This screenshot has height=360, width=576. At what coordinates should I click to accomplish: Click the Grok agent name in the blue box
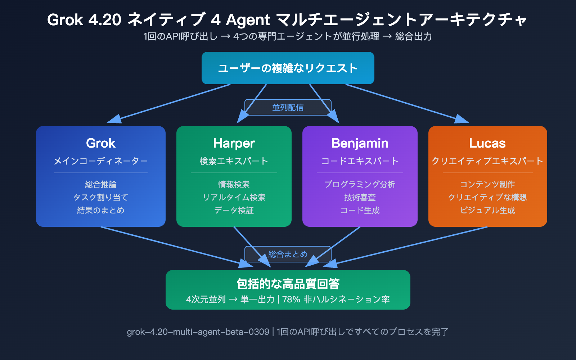(101, 143)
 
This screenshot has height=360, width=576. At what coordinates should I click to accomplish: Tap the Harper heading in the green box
(234, 143)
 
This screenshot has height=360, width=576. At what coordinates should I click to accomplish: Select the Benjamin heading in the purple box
(360, 143)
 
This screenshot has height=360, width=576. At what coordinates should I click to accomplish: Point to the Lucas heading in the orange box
(487, 143)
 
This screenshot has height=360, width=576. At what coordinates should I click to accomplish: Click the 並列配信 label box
(288, 107)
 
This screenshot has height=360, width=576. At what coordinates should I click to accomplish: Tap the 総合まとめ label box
(288, 254)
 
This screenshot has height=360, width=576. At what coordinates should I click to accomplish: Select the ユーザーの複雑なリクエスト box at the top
(288, 68)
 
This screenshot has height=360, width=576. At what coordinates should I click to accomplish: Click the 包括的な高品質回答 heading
(288, 284)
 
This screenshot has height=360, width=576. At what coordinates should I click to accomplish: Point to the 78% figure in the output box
(291, 300)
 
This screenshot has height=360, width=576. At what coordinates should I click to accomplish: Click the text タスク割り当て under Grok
(101, 197)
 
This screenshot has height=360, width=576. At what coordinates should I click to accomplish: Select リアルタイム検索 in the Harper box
(234, 197)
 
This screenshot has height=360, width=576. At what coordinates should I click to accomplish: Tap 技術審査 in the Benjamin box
(360, 197)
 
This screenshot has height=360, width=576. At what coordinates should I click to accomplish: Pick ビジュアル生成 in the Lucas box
(487, 210)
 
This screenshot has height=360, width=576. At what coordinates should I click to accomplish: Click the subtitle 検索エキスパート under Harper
(234, 161)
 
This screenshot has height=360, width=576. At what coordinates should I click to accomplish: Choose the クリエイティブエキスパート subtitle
(487, 161)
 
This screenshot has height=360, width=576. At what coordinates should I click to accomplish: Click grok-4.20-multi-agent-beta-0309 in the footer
(198, 332)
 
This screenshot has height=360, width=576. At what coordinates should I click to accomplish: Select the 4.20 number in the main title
(105, 20)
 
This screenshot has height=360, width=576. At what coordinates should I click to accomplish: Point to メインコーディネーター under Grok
(101, 161)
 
